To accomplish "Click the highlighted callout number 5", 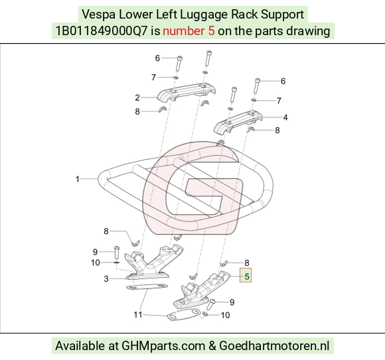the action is point(247,276).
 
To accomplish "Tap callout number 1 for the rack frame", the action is point(78,179).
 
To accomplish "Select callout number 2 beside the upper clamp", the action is point(137,97).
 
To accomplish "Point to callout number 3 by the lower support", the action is point(106,279).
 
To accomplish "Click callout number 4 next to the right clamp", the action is point(285,117).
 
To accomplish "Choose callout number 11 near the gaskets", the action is point(138,314).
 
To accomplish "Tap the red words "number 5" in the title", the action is point(189,31).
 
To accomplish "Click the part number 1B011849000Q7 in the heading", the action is point(102,31).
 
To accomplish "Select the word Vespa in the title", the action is point(99,15).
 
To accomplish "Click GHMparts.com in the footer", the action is point(163,346).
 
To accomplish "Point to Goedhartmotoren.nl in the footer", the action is point(274,346).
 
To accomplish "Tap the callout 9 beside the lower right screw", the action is point(232,302).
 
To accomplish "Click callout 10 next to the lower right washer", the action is point(226,315).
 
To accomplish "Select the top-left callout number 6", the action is point(157,58).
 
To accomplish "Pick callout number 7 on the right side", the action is point(279,101).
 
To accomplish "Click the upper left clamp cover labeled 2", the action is point(187,92).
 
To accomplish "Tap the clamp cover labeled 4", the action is point(238,123).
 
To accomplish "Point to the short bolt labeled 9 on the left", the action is point(116,253).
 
